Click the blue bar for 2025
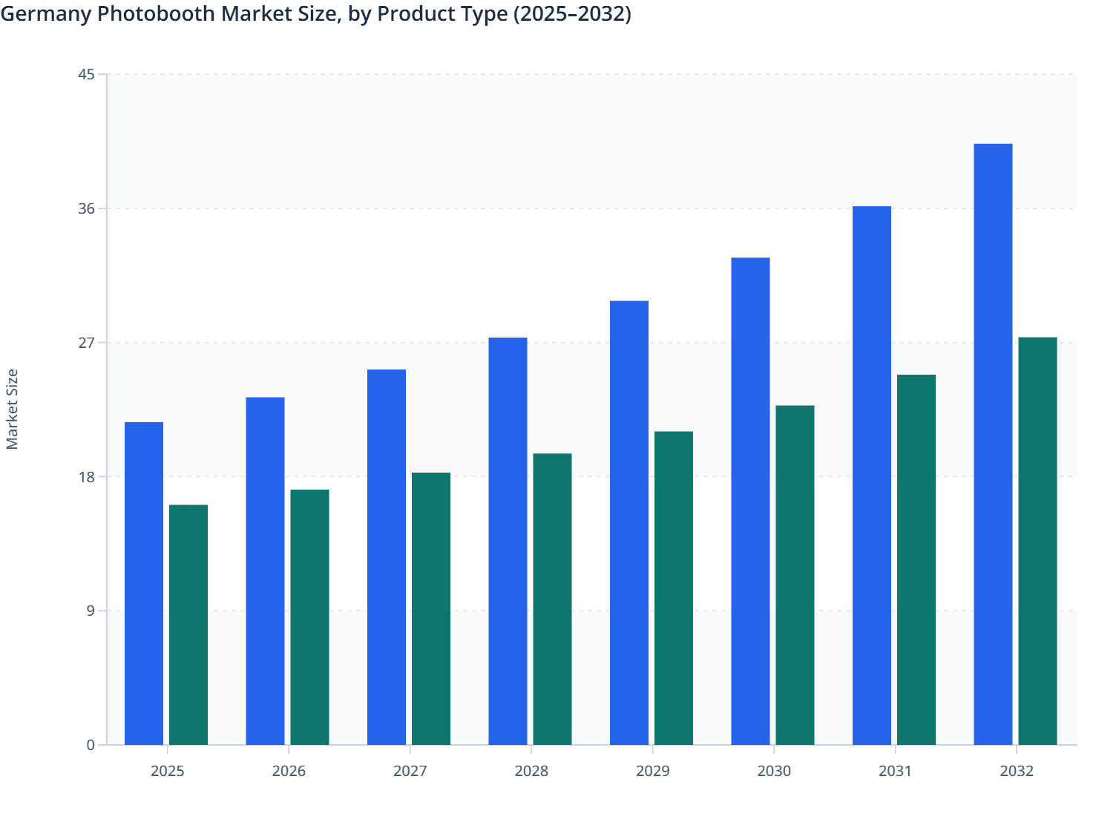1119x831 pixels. [144, 583]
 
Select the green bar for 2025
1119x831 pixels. [188, 625]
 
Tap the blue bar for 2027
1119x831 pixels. [387, 557]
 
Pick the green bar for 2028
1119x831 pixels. [553, 599]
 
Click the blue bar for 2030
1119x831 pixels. [750, 501]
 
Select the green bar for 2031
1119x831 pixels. [916, 559]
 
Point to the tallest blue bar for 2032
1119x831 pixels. [993, 444]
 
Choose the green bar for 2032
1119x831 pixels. [1037, 541]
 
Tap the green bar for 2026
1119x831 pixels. [309, 617]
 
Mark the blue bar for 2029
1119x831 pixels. [629, 522]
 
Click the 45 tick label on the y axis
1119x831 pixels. [86, 74]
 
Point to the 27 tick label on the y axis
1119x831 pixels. [86, 343]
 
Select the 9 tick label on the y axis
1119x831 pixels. [91, 611]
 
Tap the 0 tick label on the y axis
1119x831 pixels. [91, 745]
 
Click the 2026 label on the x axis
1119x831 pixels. [289, 771]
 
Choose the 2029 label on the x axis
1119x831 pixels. [653, 771]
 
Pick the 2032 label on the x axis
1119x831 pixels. [1017, 771]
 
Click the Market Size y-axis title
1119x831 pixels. [13, 410]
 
